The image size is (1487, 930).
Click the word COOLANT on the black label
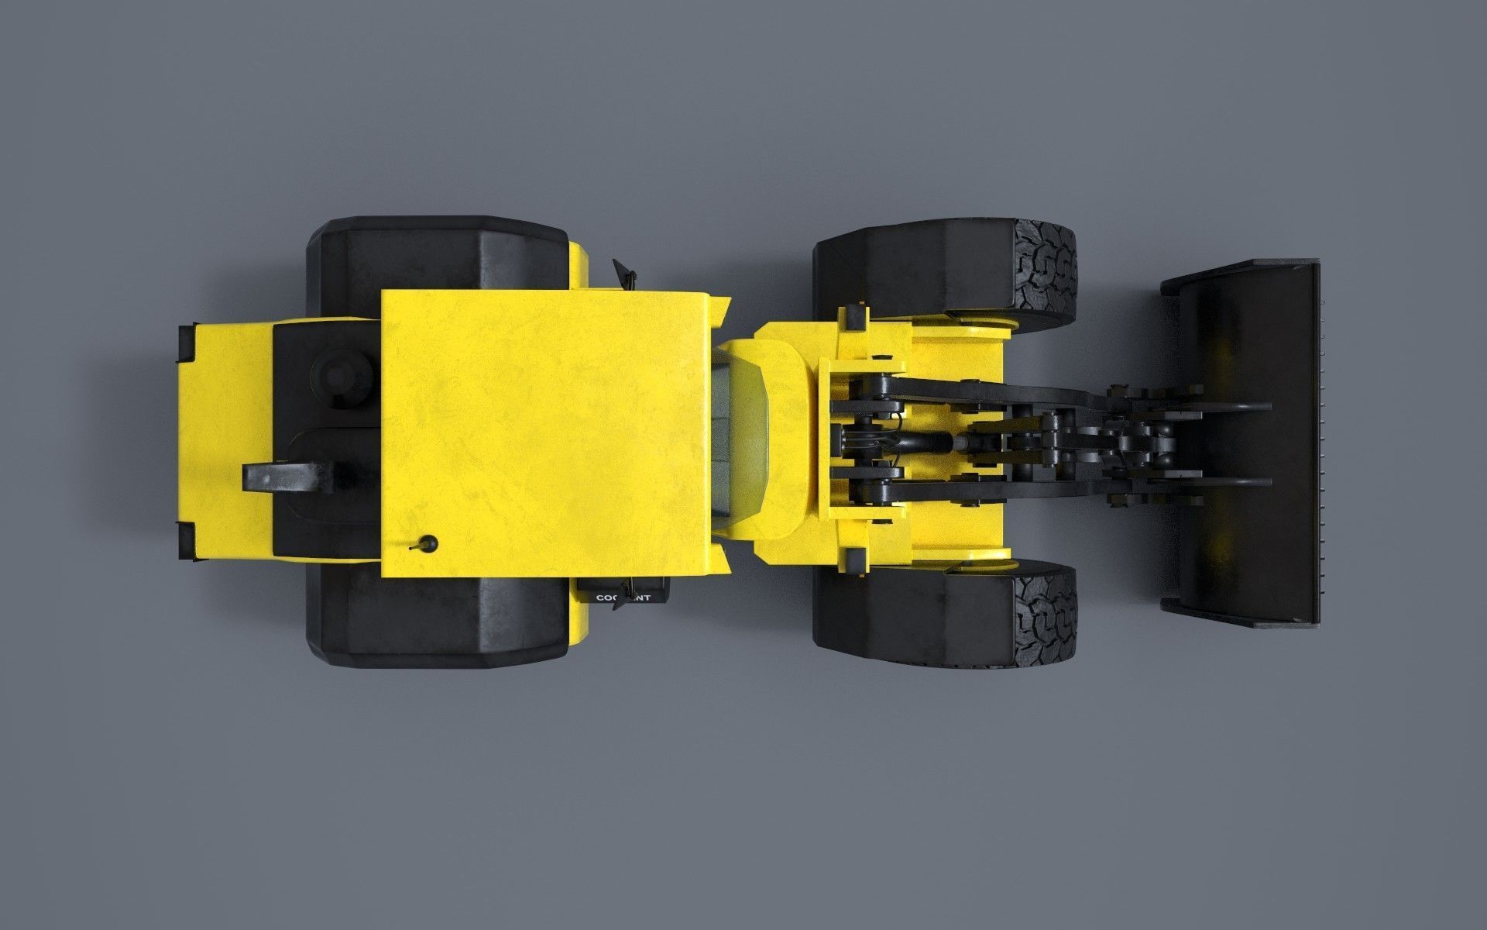click(623, 598)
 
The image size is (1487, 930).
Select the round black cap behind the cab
click(335, 374)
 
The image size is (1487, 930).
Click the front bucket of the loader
click(1239, 442)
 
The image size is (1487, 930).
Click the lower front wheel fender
click(914, 620)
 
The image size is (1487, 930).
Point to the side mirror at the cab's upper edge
click(624, 273)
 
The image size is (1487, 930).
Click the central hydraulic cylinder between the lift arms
click(929, 443)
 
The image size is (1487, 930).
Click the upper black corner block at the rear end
click(187, 343)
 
